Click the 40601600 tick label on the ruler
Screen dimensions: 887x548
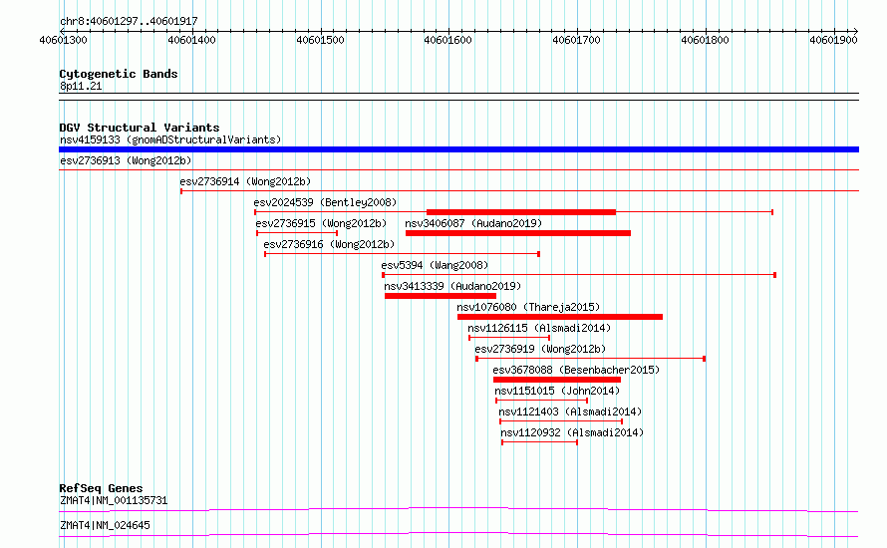[x=447, y=40]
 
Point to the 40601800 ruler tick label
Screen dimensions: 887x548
[x=705, y=40]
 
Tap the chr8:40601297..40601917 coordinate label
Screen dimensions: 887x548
[x=129, y=22]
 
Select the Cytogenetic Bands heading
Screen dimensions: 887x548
[x=119, y=74]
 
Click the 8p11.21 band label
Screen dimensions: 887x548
[x=81, y=86]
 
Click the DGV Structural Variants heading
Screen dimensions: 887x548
[x=140, y=128]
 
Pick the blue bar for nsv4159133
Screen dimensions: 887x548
[x=458, y=149]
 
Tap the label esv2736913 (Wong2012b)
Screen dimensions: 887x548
[x=126, y=160]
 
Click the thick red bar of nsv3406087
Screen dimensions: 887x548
[x=518, y=233]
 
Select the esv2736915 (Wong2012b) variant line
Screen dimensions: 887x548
[x=297, y=233]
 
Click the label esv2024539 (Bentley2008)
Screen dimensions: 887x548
[x=325, y=202]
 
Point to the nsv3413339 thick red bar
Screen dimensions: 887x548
[x=441, y=296]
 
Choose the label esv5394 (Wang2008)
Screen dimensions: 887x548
[x=435, y=265]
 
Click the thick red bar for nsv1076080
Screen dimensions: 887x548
[x=560, y=317]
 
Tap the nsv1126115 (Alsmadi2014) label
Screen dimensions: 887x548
[x=539, y=328]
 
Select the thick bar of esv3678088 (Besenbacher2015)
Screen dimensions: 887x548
[x=557, y=380]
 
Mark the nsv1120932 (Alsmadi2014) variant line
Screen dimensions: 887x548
[x=539, y=442]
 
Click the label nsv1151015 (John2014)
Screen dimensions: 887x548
[x=557, y=391]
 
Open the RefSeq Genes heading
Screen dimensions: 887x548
[x=101, y=488]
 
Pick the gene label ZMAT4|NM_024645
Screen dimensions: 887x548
[x=105, y=525]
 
